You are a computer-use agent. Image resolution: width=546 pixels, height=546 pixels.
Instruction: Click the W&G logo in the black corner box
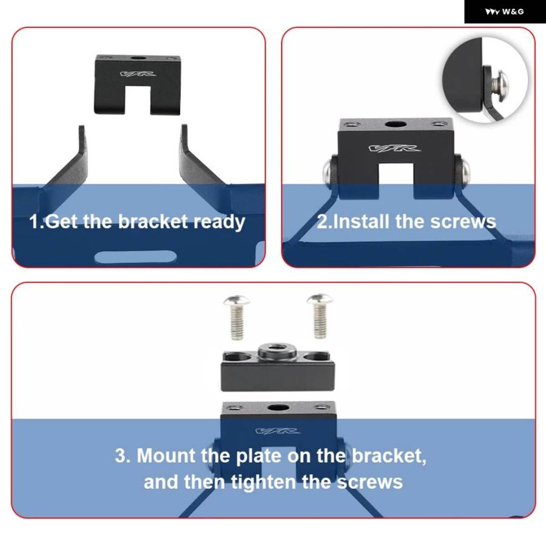(x=504, y=12)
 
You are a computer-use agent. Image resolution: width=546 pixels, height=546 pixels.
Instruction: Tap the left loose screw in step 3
(x=237, y=317)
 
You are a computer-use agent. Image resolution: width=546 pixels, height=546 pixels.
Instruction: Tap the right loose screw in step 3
(x=320, y=316)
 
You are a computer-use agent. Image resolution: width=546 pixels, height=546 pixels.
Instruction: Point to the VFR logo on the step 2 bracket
(x=394, y=149)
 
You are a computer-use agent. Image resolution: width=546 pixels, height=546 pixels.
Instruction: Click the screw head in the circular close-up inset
(x=500, y=85)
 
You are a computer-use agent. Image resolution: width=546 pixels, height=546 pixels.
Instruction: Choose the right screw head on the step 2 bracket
(x=465, y=170)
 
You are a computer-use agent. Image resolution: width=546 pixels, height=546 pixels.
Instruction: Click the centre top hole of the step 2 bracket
(x=396, y=124)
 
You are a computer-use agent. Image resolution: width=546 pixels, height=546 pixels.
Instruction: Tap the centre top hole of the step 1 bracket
(x=138, y=58)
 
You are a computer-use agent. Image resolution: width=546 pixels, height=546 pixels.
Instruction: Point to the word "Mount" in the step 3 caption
(x=166, y=456)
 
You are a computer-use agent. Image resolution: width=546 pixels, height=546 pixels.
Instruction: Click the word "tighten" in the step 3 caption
(x=263, y=482)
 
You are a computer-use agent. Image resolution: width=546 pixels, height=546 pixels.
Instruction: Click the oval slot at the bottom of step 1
(x=135, y=257)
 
